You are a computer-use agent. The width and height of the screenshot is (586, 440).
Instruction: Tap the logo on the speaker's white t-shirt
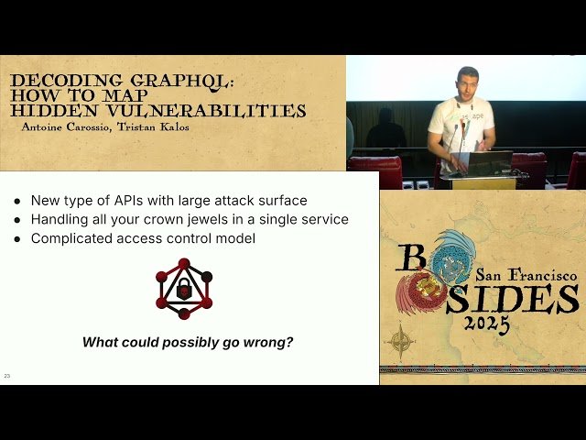tap(471, 118)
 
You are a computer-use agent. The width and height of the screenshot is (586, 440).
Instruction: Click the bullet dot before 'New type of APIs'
tap(17, 200)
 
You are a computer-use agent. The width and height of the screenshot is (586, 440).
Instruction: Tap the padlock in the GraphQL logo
tap(184, 291)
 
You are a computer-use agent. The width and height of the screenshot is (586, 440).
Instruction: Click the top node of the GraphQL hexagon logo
tap(184, 264)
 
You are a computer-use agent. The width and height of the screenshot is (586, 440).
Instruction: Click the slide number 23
tap(7, 376)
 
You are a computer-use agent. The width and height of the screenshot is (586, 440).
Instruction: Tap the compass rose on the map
tap(401, 342)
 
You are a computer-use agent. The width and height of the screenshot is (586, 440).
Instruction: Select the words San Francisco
tap(526, 275)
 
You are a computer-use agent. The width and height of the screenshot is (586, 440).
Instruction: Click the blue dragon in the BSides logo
tap(454, 257)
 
